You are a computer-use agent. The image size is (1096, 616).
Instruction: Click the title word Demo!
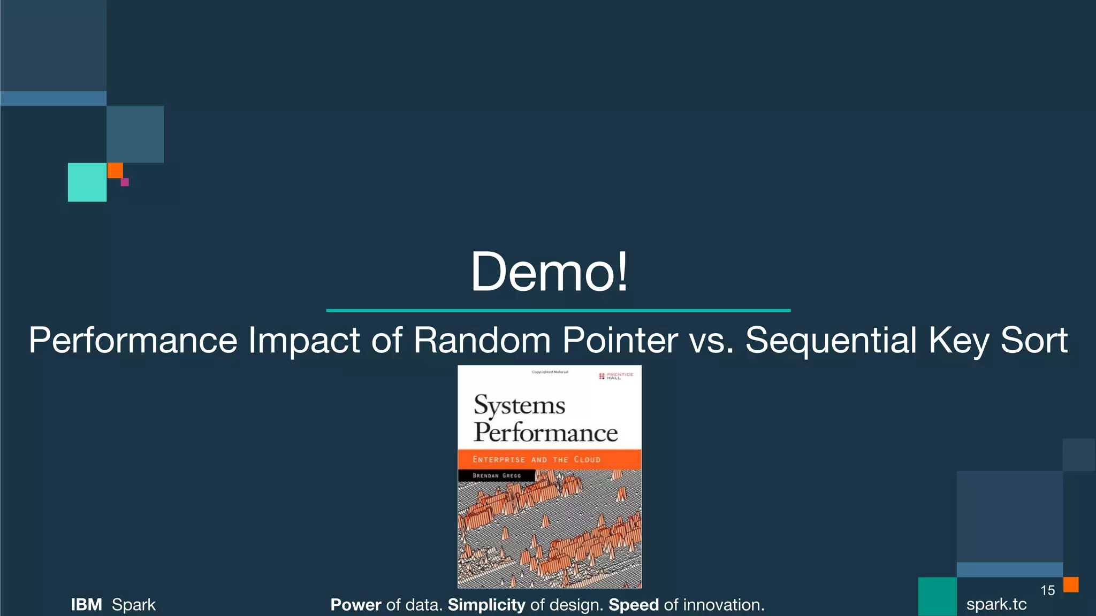click(549, 272)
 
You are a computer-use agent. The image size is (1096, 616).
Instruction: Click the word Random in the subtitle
click(482, 340)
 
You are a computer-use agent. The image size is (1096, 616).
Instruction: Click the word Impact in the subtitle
click(303, 340)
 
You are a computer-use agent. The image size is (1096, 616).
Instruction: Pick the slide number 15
click(1047, 590)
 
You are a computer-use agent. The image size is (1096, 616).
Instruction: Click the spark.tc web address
click(996, 604)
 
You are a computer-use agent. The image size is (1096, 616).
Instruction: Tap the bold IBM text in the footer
click(86, 605)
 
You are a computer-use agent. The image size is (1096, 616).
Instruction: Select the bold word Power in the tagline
click(355, 605)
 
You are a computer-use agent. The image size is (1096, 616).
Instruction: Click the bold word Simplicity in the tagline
click(486, 605)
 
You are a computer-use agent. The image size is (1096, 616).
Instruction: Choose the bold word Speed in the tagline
click(633, 605)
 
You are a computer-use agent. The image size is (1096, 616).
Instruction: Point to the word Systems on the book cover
click(519, 405)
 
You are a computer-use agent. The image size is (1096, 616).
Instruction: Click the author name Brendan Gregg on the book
click(496, 475)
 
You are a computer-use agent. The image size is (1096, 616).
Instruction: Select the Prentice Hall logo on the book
click(616, 376)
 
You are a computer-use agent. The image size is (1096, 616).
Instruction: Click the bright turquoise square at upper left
click(87, 182)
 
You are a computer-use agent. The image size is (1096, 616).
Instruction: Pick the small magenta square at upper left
click(125, 182)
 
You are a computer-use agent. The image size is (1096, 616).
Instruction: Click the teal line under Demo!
click(558, 310)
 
